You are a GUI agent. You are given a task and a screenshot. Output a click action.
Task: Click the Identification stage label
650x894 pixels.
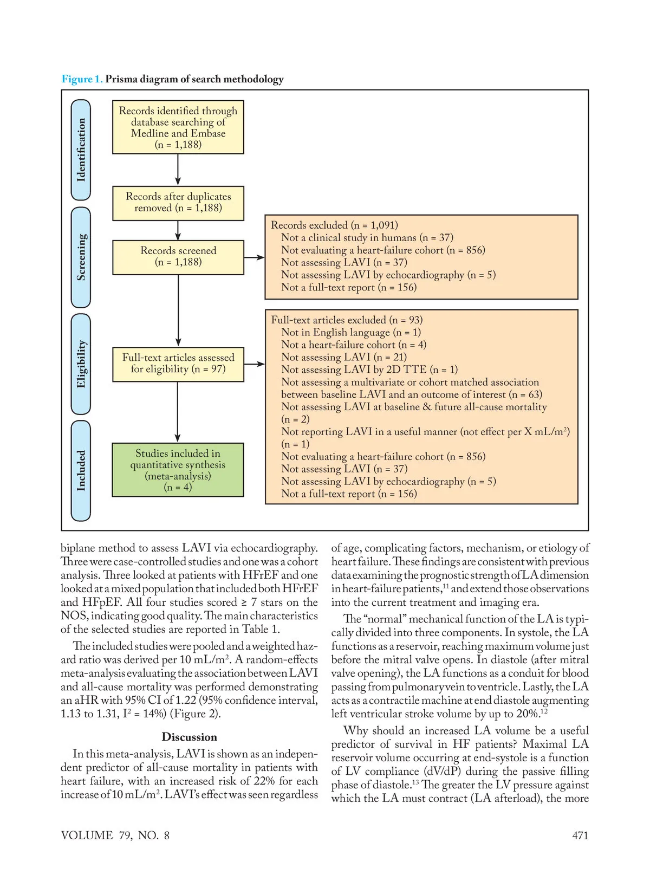tap(81, 150)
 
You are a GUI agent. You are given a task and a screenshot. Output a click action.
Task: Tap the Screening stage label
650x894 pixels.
tap(81, 257)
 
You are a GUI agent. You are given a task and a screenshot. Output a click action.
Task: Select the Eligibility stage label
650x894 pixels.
tap(81, 364)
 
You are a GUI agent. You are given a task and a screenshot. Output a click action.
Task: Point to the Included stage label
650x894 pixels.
tap(81, 470)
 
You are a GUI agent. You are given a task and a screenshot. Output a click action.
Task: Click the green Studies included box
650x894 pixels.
tap(178, 470)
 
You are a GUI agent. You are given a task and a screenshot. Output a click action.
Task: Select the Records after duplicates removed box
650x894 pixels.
tap(178, 203)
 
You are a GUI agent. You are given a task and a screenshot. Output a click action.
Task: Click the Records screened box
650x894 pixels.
tap(178, 256)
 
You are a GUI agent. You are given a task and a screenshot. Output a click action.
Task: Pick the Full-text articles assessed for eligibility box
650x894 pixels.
tap(178, 364)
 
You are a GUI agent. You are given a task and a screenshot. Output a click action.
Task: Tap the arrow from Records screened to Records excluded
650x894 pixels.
tap(254, 257)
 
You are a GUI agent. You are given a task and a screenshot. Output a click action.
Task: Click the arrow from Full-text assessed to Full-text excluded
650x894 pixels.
tap(254, 364)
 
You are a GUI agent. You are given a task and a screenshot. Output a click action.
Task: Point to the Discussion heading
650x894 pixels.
tap(189, 737)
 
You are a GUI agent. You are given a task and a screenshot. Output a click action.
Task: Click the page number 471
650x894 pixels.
tap(580, 835)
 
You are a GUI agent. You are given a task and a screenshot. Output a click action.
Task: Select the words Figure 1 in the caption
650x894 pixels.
tap(82, 79)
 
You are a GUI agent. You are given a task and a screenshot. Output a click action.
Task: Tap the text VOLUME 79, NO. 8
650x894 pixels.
tap(115, 835)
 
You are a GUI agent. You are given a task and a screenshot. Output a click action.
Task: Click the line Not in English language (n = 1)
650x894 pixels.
tap(350, 332)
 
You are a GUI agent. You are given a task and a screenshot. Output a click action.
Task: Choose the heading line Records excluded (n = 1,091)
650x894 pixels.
tap(334, 225)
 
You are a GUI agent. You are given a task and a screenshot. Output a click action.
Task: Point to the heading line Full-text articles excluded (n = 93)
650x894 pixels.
tap(347, 320)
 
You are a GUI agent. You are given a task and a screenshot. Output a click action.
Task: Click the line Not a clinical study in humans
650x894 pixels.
tap(367, 237)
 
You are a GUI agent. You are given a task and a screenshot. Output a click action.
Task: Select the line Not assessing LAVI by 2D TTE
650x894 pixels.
tap(369, 370)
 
